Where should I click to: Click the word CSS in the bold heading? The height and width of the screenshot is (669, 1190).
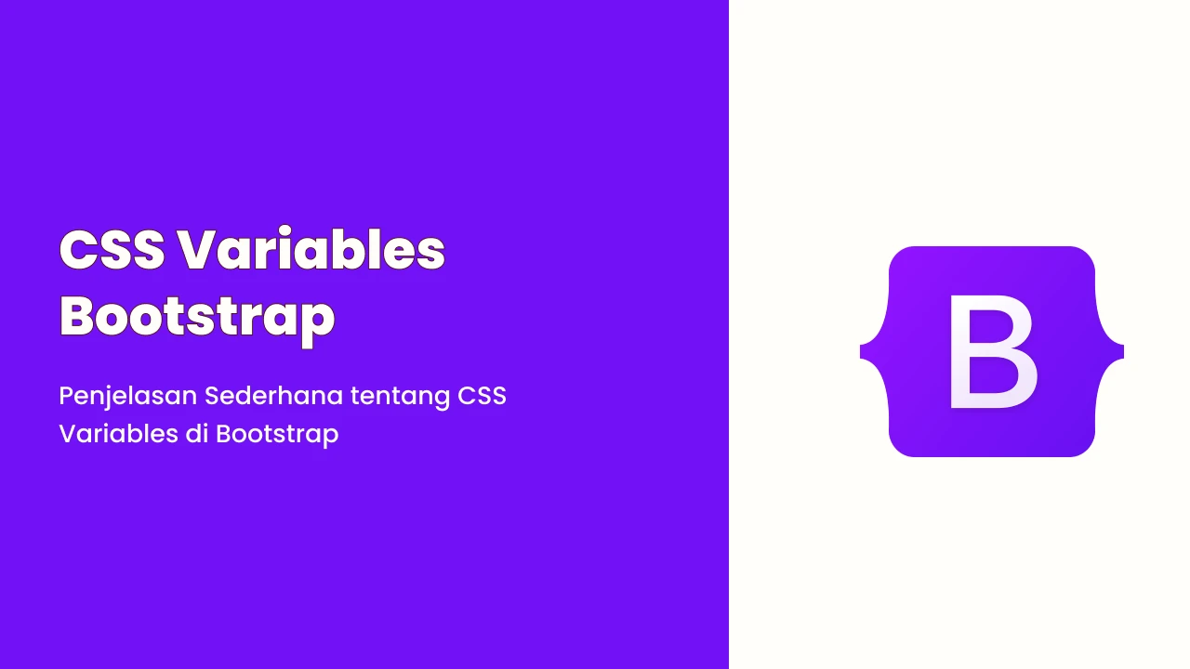pos(112,250)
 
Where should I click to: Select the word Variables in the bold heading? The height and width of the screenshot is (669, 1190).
pos(311,247)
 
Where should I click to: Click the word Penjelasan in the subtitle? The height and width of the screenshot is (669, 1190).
pos(128,397)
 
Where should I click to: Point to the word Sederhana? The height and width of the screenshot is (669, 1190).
pos(273,396)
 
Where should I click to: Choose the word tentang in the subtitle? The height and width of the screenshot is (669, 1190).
pos(400,397)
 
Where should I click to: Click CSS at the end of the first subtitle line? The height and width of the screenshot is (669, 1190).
pos(482,396)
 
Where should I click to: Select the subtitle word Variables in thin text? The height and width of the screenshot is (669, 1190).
pos(118,433)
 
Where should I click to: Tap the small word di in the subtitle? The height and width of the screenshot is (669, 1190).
pos(196,433)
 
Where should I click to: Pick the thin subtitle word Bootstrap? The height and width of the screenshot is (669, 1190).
pos(277,435)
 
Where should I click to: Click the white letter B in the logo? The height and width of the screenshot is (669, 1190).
pos(993,351)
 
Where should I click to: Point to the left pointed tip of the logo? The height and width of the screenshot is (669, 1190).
pos(861,351)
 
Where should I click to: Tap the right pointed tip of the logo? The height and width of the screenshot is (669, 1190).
pos(1123,351)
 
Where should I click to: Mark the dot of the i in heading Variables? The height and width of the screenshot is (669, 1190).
pos(285,232)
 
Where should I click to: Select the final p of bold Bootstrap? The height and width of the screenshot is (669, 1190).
pos(318,324)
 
